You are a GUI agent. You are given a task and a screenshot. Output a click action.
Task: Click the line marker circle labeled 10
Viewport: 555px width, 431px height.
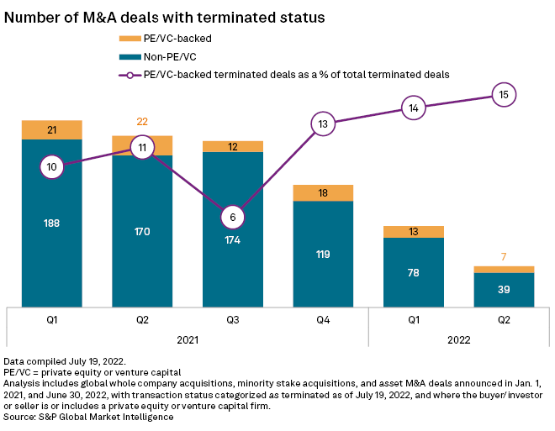tap(52, 167)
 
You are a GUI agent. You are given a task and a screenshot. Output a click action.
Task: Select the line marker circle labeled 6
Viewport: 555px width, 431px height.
tap(233, 217)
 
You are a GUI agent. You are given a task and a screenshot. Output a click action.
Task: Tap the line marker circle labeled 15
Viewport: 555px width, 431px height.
tap(504, 95)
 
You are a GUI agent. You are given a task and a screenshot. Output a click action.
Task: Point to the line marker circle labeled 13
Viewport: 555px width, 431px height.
tap(323, 124)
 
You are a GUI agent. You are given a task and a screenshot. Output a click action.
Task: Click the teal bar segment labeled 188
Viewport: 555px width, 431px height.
tap(52, 223)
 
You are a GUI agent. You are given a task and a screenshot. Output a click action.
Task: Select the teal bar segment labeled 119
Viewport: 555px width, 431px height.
tap(323, 254)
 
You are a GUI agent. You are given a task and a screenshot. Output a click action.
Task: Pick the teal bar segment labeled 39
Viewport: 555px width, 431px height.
tap(504, 289)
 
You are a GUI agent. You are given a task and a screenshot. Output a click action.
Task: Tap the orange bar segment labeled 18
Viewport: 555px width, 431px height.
tap(323, 193)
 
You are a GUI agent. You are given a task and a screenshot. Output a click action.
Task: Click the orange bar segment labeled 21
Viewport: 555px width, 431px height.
tap(52, 129)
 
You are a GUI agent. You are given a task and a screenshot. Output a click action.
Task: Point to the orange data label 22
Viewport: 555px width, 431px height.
tap(142, 123)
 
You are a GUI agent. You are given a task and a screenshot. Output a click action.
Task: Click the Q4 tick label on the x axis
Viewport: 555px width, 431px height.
tap(323, 320)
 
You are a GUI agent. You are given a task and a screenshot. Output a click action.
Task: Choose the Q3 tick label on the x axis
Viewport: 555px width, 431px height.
tap(233, 320)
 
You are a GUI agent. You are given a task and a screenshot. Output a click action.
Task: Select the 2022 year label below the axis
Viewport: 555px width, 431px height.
tap(458, 340)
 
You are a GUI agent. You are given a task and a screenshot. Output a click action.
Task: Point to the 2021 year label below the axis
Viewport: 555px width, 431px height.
tap(188, 340)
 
